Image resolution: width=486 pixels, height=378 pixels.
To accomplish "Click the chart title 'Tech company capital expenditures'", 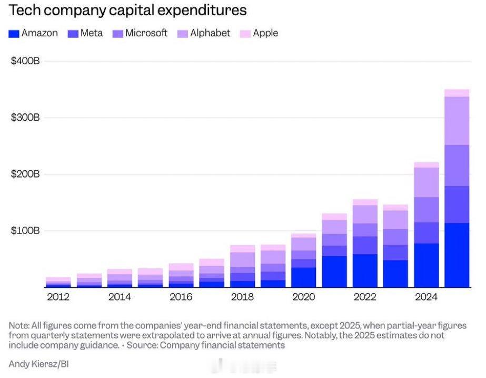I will [x=127, y=10].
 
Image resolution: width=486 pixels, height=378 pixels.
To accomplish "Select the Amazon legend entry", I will [x=34, y=33].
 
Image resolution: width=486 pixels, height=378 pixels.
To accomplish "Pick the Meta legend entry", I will [x=86, y=33].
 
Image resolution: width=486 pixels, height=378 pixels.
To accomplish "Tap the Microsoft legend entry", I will [x=141, y=33].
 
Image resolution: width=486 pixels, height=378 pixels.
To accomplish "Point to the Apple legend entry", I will [x=260, y=33].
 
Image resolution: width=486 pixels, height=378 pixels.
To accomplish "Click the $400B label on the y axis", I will [x=25, y=61].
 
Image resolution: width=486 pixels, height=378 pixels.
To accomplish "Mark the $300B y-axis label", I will [x=25, y=117].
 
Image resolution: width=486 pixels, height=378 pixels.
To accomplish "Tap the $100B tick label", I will [x=25, y=230].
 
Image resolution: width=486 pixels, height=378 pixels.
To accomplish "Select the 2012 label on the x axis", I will [x=58, y=297].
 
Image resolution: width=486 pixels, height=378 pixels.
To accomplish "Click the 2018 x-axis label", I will [x=242, y=297].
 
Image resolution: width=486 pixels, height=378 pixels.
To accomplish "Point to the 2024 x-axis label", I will [x=426, y=297].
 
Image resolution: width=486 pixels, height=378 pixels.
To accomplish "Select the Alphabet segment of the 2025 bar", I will [x=457, y=121].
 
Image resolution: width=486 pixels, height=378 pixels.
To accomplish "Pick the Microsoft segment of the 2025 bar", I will [x=457, y=166].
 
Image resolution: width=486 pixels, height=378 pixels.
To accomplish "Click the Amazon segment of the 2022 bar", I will [x=365, y=270].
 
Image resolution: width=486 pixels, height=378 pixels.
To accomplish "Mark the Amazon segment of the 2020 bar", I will [x=303, y=277].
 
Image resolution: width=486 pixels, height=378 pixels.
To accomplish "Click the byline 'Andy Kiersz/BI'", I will [x=37, y=364].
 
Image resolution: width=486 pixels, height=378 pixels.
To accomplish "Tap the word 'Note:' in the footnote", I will [x=19, y=325].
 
